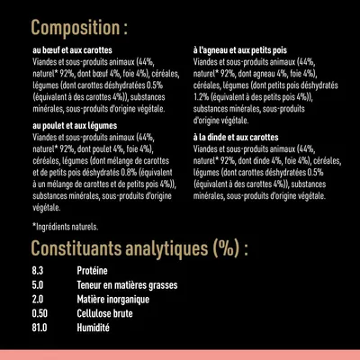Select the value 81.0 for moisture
tap(39, 329)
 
